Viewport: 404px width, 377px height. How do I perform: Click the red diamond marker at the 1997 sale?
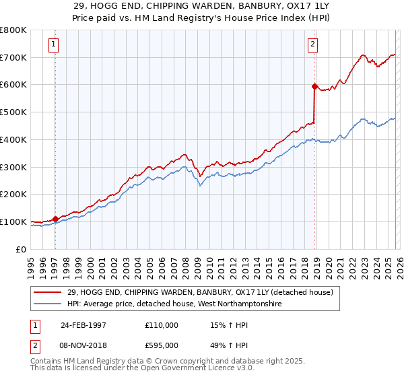pyautogui.click(x=55, y=218)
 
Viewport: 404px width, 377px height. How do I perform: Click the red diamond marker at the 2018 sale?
pyautogui.click(x=314, y=86)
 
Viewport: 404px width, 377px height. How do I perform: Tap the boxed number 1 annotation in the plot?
pyautogui.click(x=53, y=45)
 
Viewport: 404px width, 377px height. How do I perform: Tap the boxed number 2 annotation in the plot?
pyautogui.click(x=313, y=45)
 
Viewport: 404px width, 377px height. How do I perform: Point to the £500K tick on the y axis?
pyautogui.click(x=13, y=112)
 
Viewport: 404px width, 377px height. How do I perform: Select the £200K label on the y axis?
pyautogui.click(x=13, y=195)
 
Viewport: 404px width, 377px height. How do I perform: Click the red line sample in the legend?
pyautogui.click(x=48, y=292)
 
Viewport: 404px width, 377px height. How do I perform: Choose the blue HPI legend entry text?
pyautogui.click(x=175, y=304)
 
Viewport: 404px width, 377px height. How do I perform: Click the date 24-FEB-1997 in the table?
pyautogui.click(x=83, y=324)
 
